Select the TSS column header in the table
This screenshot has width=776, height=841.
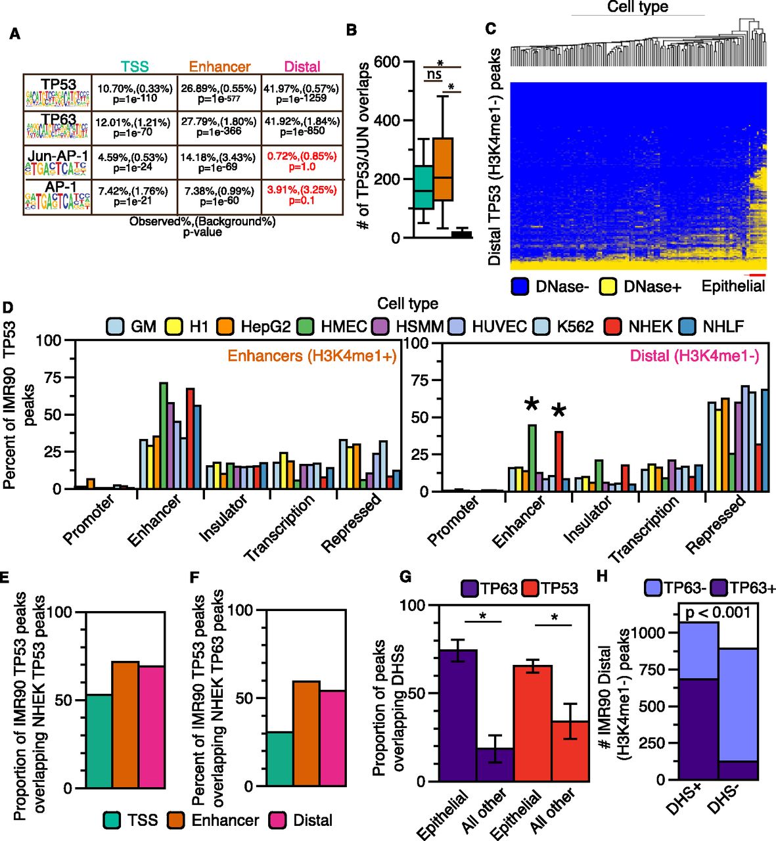[135, 66]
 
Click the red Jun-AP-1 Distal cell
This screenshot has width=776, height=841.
[302, 162]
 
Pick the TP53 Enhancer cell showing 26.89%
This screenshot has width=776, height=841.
[219, 93]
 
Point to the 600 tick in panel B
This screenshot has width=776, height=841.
[387, 62]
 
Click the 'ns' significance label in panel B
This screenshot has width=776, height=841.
[434, 75]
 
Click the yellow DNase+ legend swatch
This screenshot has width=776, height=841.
[608, 286]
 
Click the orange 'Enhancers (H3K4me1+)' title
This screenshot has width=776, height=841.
[312, 356]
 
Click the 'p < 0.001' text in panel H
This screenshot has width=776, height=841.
[717, 612]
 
